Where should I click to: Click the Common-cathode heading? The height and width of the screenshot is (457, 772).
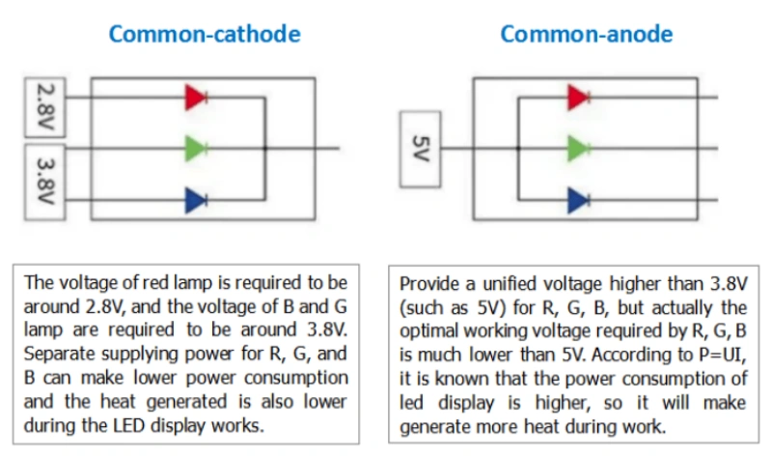(204, 35)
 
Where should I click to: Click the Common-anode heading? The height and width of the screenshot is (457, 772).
(586, 35)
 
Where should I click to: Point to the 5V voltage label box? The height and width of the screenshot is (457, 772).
(418, 149)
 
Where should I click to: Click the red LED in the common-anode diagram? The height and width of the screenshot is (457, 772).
(578, 97)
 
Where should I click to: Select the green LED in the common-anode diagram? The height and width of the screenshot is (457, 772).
(578, 148)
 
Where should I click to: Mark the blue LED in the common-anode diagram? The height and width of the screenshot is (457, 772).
(578, 200)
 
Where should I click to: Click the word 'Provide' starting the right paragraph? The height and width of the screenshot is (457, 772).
(429, 284)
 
